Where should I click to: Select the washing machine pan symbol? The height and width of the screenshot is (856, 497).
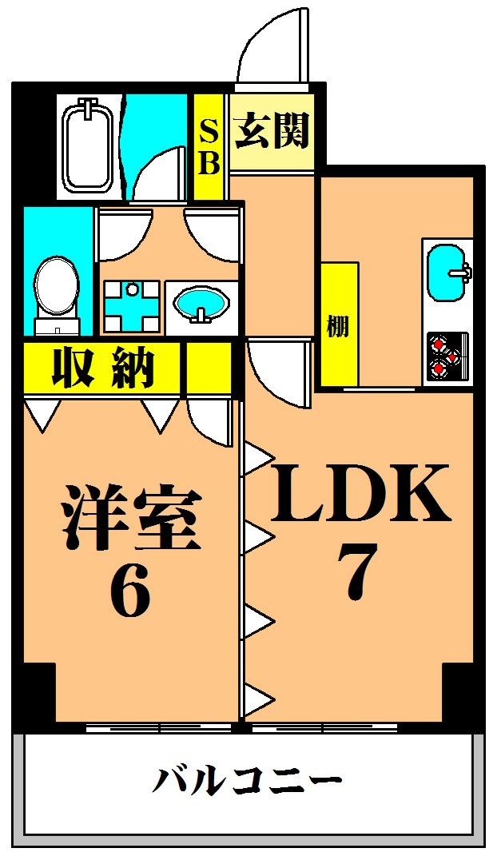(x=129, y=306)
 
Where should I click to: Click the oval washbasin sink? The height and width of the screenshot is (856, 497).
(x=201, y=305)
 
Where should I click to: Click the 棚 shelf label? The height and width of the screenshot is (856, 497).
(x=338, y=326)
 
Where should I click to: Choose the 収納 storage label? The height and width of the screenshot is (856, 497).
(x=103, y=368)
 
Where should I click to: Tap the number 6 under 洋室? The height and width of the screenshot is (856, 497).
(x=130, y=595)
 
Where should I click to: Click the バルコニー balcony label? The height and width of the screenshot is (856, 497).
(x=247, y=779)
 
